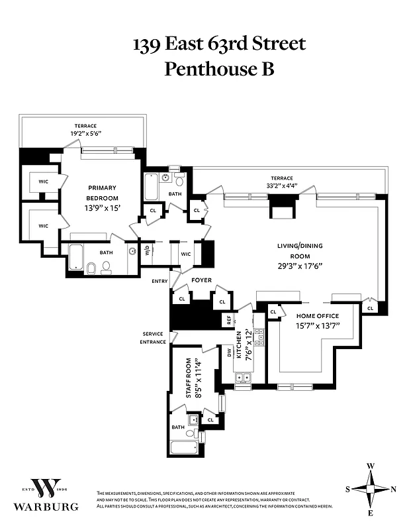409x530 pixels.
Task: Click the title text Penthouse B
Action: (x=219, y=68)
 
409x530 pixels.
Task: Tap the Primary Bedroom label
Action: (x=103, y=193)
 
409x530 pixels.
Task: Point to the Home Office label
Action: (x=317, y=316)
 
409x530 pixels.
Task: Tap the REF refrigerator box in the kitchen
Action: (x=229, y=319)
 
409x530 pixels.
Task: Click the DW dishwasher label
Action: (x=229, y=355)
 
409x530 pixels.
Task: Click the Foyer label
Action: (x=201, y=280)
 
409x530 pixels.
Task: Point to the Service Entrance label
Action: (x=152, y=338)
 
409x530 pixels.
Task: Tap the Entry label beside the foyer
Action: (x=159, y=282)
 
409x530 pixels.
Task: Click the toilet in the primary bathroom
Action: (x=91, y=268)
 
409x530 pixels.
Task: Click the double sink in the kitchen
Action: (x=242, y=378)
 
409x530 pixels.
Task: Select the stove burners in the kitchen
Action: (x=260, y=337)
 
